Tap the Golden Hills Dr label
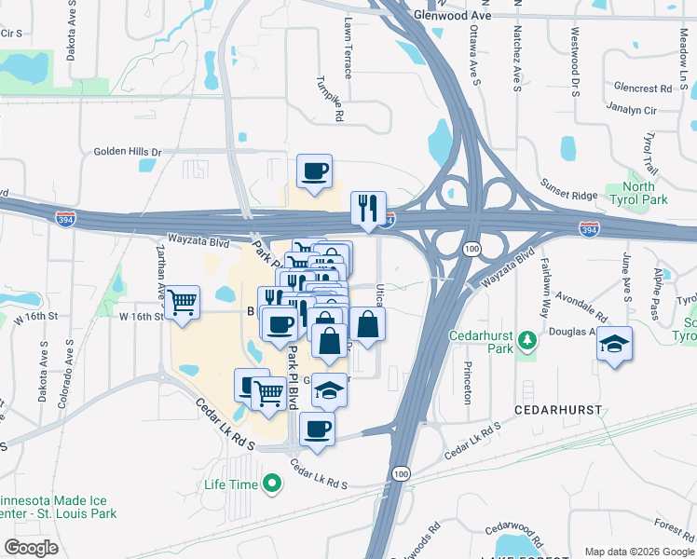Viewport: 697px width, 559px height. [x=127, y=152]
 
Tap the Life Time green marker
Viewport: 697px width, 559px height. [x=272, y=484]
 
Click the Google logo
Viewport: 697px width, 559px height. [x=31, y=547]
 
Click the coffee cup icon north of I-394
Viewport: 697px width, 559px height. [x=314, y=171]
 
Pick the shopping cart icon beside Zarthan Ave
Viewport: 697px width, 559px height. [x=183, y=301]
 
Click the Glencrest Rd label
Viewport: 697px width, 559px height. [x=642, y=89]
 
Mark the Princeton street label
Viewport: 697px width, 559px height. [x=467, y=382]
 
